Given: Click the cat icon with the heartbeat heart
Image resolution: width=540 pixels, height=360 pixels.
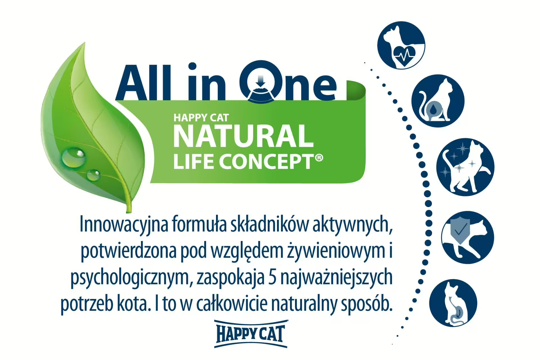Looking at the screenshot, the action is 401,45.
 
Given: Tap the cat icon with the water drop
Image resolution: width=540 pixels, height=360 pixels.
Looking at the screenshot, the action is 438,101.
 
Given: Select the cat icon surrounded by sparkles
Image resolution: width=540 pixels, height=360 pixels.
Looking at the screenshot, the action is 465,167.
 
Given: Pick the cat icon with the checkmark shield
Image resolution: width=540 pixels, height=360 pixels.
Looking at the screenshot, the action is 467,237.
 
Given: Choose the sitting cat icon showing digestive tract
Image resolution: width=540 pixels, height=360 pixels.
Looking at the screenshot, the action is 453,303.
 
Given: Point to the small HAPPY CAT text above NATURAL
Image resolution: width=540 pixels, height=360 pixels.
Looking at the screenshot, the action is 201,118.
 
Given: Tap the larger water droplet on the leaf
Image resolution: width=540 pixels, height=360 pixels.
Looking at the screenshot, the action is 73,157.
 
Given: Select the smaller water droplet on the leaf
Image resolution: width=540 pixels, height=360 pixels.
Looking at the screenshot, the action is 93,175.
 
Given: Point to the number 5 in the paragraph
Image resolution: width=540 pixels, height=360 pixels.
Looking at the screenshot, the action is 273,277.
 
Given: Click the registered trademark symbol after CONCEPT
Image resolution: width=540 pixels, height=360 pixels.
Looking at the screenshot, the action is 319,157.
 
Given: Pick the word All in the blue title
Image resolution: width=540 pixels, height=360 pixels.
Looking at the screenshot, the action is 144,83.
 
